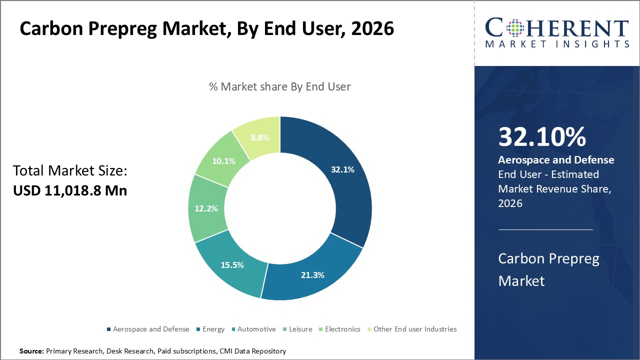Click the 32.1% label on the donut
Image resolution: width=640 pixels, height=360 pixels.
pos(342,169)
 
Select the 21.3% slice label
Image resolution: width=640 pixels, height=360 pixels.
pos(312,274)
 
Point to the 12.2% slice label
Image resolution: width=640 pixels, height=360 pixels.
pos(206,208)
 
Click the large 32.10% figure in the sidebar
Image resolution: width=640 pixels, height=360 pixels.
pos(542,137)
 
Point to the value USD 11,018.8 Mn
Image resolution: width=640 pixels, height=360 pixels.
pos(70,190)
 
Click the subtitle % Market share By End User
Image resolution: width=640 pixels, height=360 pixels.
pos(279,86)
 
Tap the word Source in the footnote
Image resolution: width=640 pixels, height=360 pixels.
pos(31,351)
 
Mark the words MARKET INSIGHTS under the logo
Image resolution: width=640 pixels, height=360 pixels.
pos(557,44)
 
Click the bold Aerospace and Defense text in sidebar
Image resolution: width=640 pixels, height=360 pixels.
pos(556,160)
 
